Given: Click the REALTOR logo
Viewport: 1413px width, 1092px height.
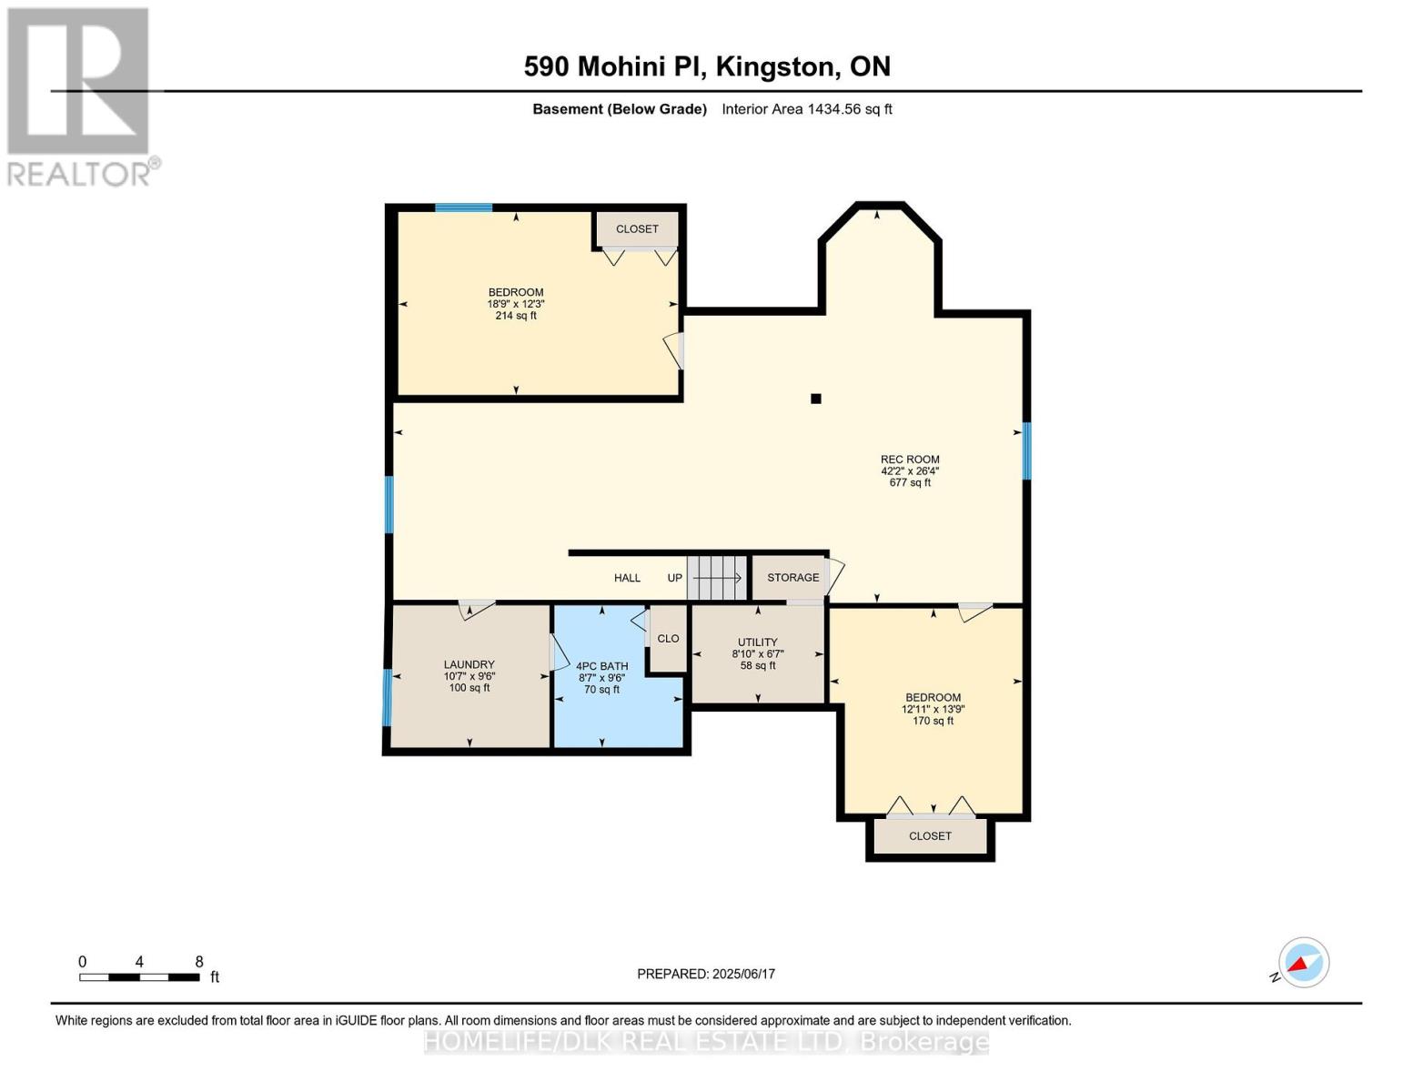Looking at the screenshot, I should pos(80,96).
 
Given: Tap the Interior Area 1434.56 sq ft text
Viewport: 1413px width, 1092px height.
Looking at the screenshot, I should pos(806,109).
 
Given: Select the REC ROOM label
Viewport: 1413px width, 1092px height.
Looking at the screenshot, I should pos(910,460).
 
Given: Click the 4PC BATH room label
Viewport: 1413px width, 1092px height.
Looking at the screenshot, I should pos(601,666).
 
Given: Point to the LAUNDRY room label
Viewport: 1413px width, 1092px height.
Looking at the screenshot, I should pos(469,665).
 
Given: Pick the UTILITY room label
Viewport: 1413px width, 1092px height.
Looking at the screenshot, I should pos(758,642).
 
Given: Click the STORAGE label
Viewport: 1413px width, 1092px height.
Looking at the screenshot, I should pos(792,578).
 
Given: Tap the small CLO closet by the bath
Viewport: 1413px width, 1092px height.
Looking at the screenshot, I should pos(668,639).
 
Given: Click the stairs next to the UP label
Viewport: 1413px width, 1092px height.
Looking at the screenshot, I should pos(717,578).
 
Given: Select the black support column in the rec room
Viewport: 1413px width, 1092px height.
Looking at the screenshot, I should pos(816,399).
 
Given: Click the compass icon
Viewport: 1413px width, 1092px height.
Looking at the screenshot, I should pos(1303,963).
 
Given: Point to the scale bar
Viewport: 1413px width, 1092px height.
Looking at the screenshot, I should pos(139,977).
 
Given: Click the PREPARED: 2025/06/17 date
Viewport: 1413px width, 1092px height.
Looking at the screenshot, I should pos(706,974).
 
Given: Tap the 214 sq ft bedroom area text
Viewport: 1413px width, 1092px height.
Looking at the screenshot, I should pos(516,316).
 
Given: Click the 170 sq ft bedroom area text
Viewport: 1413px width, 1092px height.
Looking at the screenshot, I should pos(933,721).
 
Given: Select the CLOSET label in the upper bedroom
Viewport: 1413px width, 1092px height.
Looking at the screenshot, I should pos(637,229).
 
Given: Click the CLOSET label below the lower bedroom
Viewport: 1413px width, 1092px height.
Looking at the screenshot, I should pos(930,836).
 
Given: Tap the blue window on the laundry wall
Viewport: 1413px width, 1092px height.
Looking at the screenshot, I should pos(387,697).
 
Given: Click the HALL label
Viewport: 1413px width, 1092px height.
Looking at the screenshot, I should pos(627,578).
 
